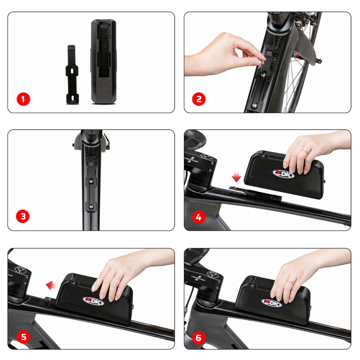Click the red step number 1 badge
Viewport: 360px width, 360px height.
pyautogui.click(x=23, y=99)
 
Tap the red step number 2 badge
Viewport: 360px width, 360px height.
pyautogui.click(x=199, y=99)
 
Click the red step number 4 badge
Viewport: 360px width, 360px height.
pyautogui.click(x=199, y=217)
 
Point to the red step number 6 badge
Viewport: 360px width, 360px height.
pyautogui.click(x=199, y=338)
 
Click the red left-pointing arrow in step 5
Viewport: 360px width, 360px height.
pyautogui.click(x=52, y=285)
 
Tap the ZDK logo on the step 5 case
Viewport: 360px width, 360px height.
pyautogui.click(x=94, y=301)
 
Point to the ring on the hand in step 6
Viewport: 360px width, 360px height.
pyautogui.click(x=291, y=282)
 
